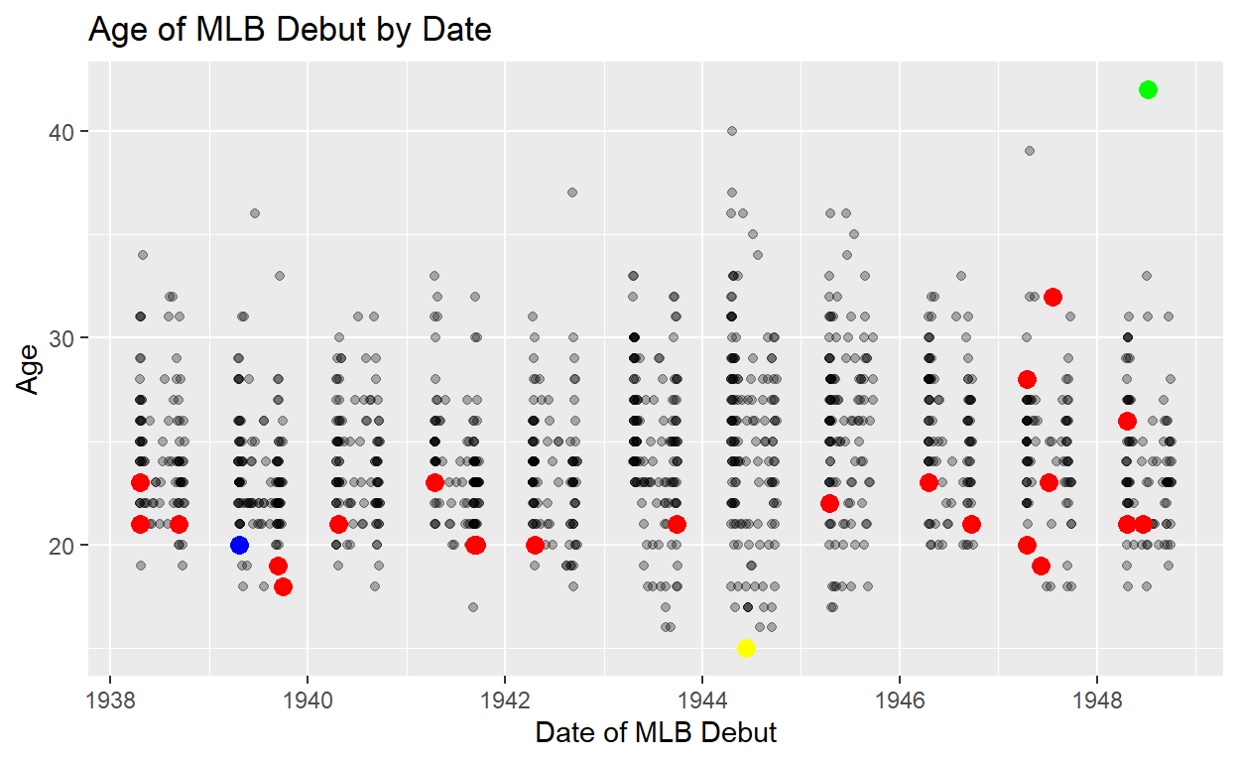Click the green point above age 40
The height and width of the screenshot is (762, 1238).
click(1148, 90)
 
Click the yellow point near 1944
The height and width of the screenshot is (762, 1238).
click(746, 648)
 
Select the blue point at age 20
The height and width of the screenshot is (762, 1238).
click(239, 545)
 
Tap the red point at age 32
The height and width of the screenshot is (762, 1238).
click(1052, 297)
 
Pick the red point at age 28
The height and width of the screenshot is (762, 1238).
click(1027, 379)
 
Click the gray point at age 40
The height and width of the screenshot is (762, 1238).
click(732, 131)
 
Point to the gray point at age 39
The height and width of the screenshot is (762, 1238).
click(1030, 151)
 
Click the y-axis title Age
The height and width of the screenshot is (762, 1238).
click(29, 368)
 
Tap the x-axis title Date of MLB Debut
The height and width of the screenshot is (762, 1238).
click(656, 733)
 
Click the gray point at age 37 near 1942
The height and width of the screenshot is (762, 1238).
click(571, 192)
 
